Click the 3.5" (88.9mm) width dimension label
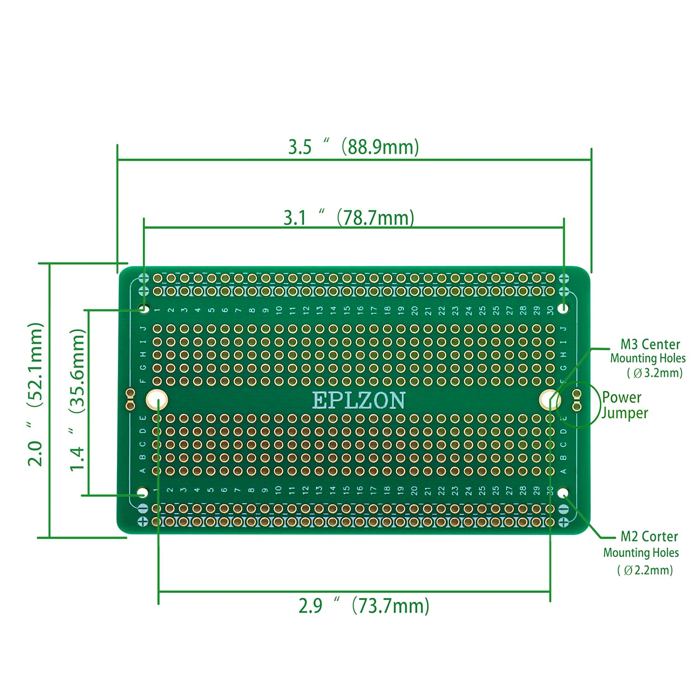click(354, 147)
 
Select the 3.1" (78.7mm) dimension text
click(349, 217)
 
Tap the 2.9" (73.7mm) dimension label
click(364, 606)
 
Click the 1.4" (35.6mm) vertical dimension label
click(77, 400)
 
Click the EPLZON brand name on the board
click(359, 400)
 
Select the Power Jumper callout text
click(624, 405)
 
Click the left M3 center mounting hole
click(157, 400)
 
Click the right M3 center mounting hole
click(550, 400)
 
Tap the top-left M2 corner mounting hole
click(143, 308)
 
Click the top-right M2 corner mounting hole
click(564, 308)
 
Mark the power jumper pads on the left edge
click(130, 400)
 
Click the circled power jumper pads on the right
click(577, 400)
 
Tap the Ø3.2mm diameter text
click(655, 373)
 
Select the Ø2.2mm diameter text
click(645, 570)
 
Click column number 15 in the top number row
click(347, 310)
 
